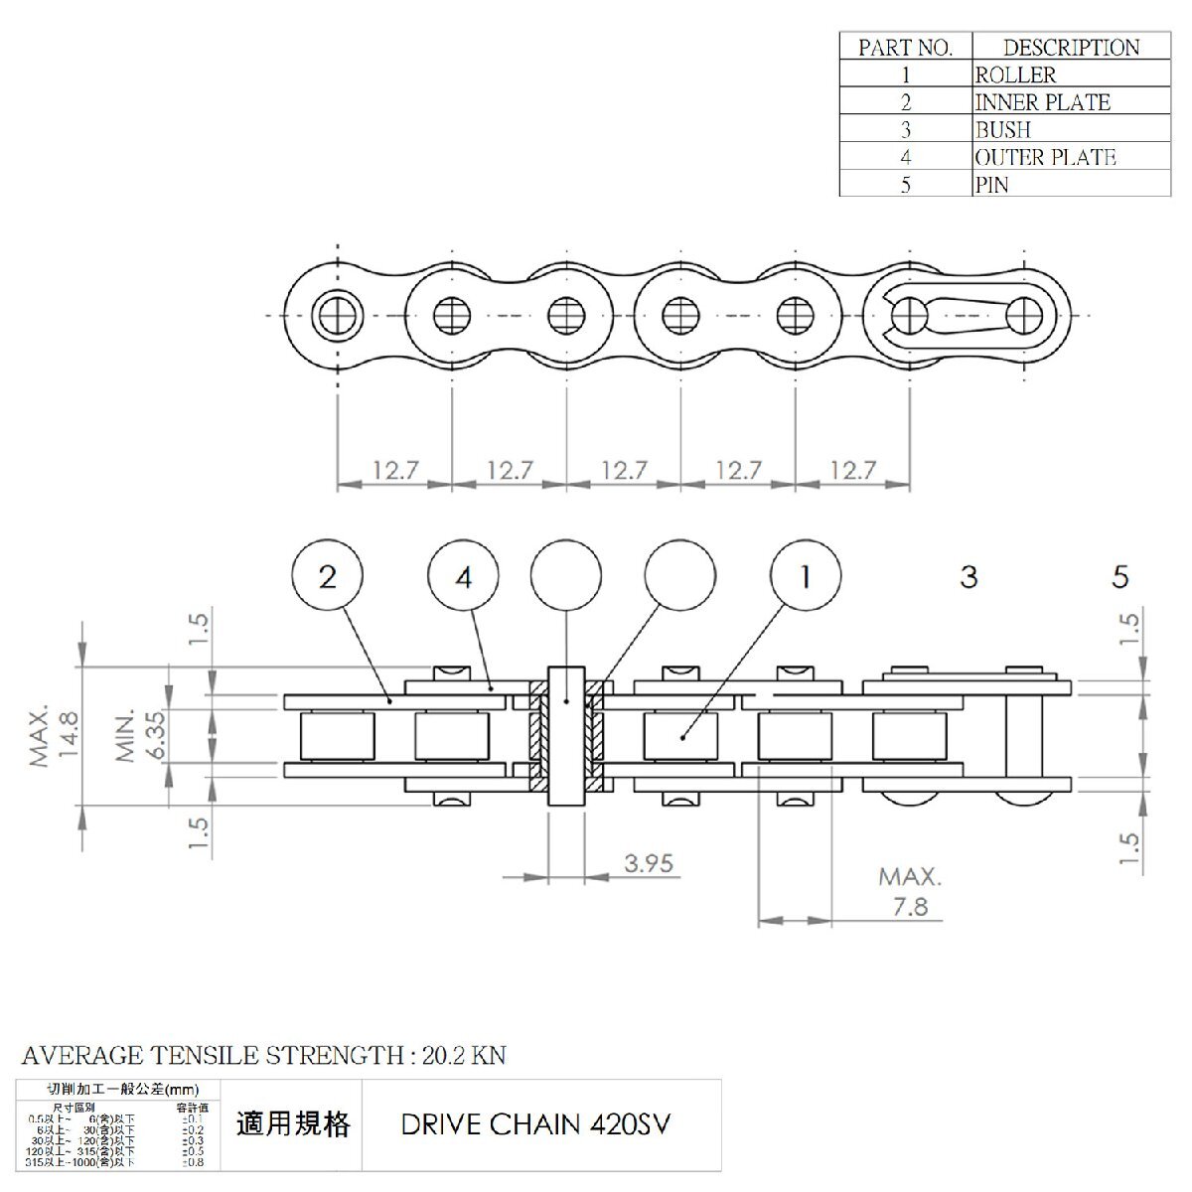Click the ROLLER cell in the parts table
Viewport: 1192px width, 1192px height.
tap(1015, 74)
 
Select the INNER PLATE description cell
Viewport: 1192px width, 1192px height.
tap(1042, 102)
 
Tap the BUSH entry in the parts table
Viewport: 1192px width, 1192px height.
tap(1002, 130)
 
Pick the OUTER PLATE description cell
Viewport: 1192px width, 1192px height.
tap(1045, 157)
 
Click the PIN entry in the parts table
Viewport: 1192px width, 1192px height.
tap(991, 185)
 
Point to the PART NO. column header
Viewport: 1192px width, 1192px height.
tap(905, 47)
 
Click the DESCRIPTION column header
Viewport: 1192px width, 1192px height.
tap(1071, 47)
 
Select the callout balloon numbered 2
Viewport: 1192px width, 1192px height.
tap(328, 576)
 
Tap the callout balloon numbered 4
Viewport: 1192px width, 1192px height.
tap(464, 576)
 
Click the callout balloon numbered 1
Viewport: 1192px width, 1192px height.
tap(807, 576)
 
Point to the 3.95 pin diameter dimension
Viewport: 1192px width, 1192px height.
tap(649, 863)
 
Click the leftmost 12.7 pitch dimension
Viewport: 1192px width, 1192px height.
tap(395, 470)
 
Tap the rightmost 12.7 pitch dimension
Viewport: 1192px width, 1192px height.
tap(852, 470)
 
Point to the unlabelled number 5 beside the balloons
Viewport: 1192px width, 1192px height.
tap(1120, 576)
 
